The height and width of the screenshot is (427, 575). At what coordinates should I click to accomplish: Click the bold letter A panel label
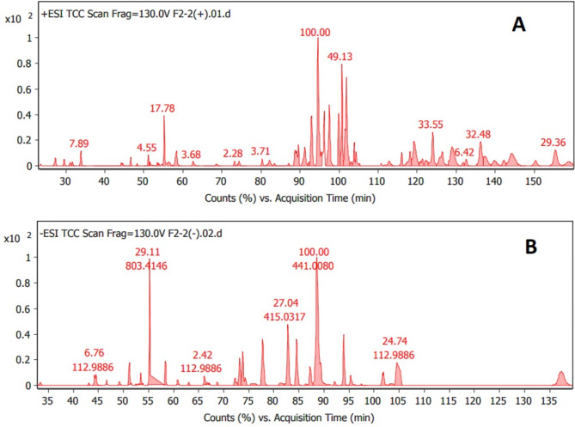[518, 27]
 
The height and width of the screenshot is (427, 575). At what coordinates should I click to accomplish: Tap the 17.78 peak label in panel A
[163, 108]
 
